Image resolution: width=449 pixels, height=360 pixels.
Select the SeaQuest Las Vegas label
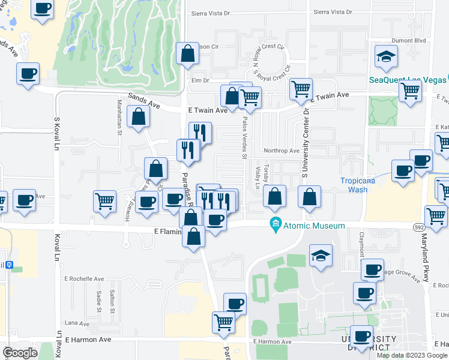pos(408,79)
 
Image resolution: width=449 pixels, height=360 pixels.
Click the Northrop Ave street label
pos(281,151)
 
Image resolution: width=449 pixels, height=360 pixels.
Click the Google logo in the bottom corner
pos(20,352)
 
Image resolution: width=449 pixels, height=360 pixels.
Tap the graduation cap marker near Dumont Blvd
pos(384,57)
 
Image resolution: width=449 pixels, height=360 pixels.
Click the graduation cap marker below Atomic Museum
pos(321,256)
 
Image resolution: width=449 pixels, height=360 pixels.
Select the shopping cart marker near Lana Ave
pos(224,322)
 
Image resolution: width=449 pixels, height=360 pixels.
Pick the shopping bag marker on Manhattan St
pos(139,118)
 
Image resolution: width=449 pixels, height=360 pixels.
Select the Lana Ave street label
pos(72,323)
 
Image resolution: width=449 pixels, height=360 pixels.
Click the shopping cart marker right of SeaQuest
pos(410,92)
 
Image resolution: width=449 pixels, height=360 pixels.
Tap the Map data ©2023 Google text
pos(412,355)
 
